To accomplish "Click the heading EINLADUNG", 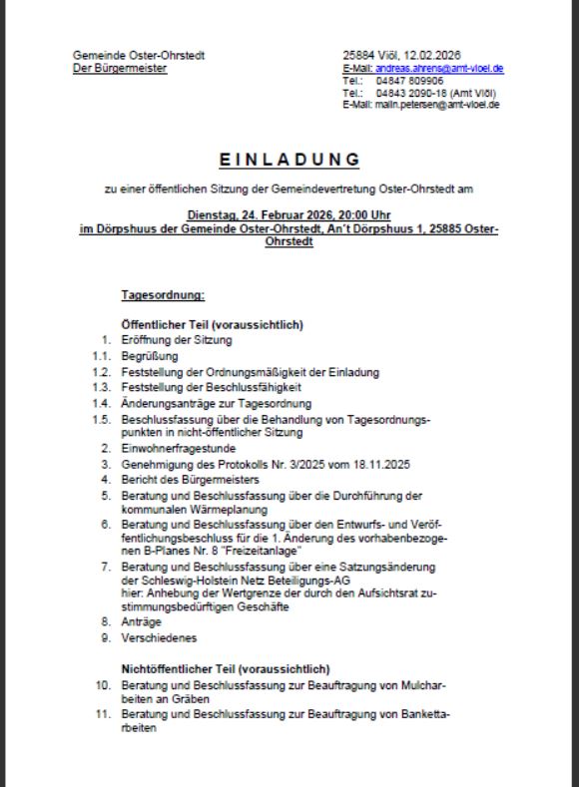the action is [x=289, y=159].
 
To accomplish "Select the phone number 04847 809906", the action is [x=404, y=80].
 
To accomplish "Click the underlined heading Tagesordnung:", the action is [x=163, y=295].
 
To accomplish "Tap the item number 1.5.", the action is [x=99, y=419].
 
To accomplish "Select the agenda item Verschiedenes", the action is [x=157, y=637].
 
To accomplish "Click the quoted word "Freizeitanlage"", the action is [x=252, y=552].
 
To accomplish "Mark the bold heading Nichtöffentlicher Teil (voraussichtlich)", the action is [x=226, y=668].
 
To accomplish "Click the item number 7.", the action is [x=105, y=567].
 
